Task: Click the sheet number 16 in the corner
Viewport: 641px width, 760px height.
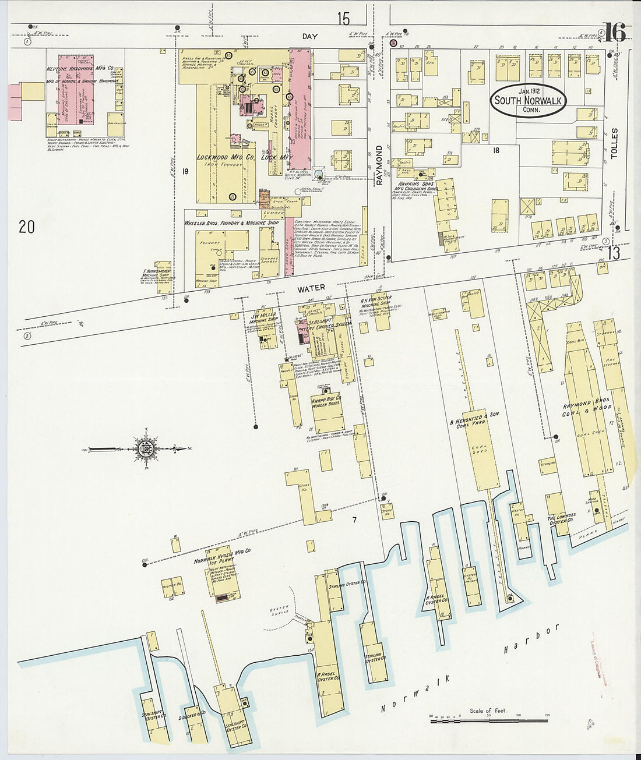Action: tap(614, 33)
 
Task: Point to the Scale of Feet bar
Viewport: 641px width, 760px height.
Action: tap(490, 720)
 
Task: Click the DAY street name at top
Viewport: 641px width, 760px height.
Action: tap(310, 36)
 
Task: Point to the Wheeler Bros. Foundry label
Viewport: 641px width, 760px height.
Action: tap(231, 223)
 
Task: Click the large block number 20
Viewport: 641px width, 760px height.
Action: tap(27, 227)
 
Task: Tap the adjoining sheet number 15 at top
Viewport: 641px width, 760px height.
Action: tap(343, 19)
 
